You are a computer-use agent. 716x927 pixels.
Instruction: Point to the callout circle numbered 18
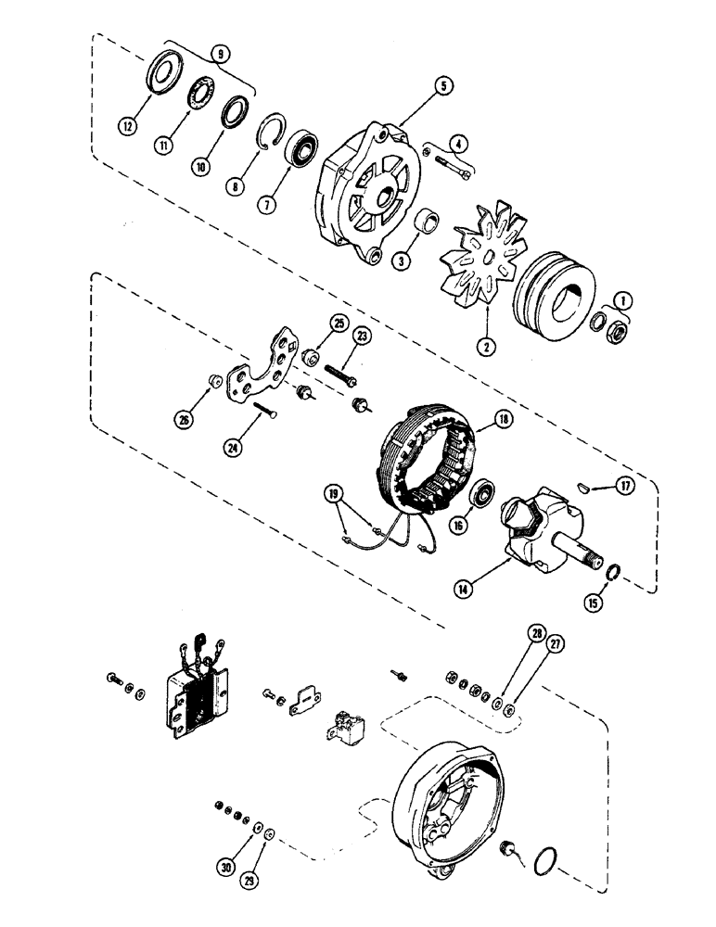[x=503, y=419]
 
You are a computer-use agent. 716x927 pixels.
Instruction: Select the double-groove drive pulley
[x=554, y=290]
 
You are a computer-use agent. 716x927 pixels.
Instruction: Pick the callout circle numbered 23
[x=361, y=338]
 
